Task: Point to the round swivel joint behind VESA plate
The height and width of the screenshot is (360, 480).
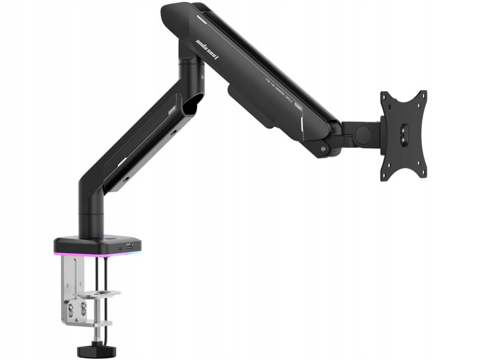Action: (362, 134)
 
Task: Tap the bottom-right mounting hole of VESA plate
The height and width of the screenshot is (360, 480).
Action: (422, 174)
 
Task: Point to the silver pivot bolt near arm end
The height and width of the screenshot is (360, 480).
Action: (324, 148)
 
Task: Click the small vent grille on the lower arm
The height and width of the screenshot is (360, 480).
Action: (172, 111)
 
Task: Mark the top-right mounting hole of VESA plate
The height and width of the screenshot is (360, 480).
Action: (422, 95)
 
